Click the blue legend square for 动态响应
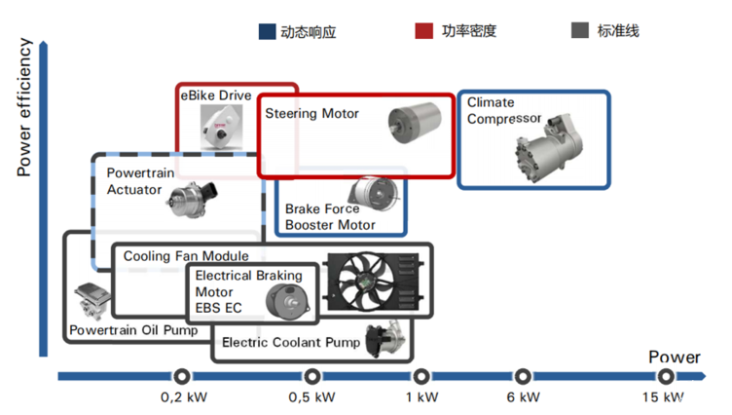[x=268, y=31]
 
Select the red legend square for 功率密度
[x=423, y=31]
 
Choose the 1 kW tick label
[x=421, y=397]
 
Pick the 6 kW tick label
[x=524, y=397]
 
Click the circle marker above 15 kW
[x=666, y=376]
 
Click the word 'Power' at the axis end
[x=675, y=357]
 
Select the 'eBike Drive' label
[x=216, y=95]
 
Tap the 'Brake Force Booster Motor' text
[x=330, y=216]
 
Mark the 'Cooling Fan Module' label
[x=186, y=256]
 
